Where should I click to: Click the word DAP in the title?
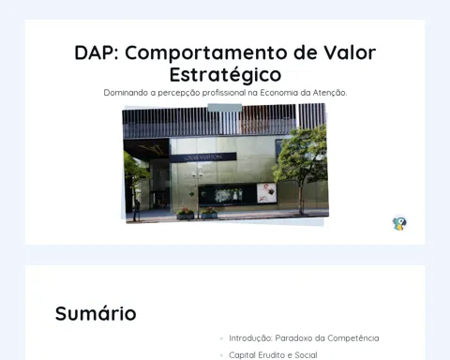[97, 52]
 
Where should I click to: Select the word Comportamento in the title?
[206, 53]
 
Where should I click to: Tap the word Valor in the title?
[350, 52]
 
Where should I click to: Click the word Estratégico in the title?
[225, 74]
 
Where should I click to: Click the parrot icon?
[399, 223]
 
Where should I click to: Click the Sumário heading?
[96, 313]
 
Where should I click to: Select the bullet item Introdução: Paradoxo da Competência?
[304, 338]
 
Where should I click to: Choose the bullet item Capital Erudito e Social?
[273, 355]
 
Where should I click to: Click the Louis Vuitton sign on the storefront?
[203, 157]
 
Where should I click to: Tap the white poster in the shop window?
[266, 192]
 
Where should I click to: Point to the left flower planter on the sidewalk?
[186, 214]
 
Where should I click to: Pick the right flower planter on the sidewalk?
[209, 213]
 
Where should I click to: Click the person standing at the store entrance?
[136, 210]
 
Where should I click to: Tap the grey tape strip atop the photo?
[225, 108]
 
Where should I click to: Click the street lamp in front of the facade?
[198, 194]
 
